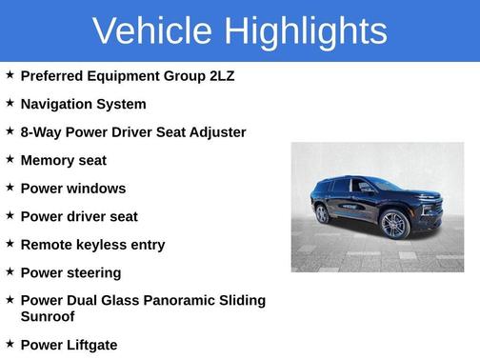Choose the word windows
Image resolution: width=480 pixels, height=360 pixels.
pos(97,189)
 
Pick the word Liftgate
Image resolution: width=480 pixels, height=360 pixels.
pos(97,344)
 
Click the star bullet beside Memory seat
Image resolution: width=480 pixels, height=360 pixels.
pos(10,159)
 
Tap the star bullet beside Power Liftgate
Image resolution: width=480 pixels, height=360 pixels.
pos(10,343)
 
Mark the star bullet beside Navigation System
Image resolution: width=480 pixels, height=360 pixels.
pos(10,103)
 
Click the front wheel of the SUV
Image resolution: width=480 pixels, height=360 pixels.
pos(393,225)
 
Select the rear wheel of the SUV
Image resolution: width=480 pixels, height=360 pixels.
pos(322,214)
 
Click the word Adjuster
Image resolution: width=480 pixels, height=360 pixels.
pos(213,132)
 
